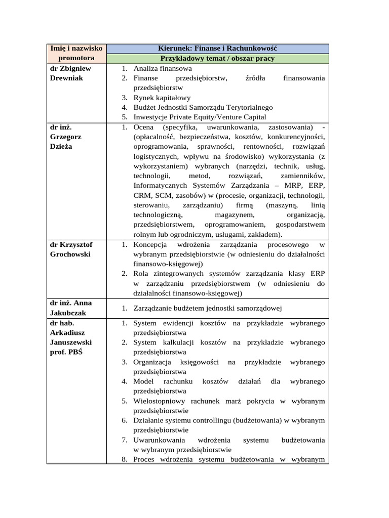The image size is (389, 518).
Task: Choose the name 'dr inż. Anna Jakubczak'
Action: pos(71,308)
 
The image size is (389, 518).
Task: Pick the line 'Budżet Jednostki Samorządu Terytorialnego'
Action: pos(203,107)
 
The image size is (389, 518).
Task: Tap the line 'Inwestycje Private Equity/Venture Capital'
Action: pos(200,117)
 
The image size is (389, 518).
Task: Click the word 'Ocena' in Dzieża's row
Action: pos(144,127)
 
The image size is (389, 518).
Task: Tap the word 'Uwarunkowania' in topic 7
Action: pos(157,440)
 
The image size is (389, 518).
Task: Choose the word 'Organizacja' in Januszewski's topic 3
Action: pos(152,362)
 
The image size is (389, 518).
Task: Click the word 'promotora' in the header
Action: pos(76,59)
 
